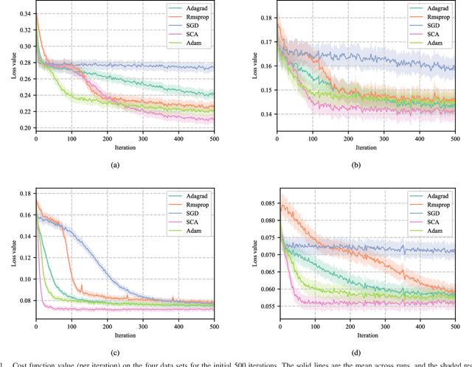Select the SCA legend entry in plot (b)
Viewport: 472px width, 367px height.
tap(440, 36)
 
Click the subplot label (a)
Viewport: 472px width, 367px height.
tap(115, 165)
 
